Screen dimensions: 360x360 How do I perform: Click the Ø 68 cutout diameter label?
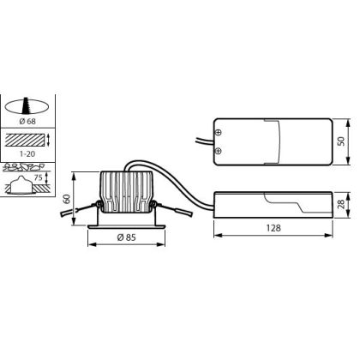tap(27, 122)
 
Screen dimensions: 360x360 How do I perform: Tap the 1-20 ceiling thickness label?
tap(27, 154)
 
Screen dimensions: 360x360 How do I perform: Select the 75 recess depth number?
tap(39, 177)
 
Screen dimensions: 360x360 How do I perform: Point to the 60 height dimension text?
tap(67, 199)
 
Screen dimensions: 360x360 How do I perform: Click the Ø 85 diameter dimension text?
tap(127, 237)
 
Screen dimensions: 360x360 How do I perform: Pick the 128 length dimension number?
tap(273, 228)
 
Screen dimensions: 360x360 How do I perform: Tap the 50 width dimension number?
tap(341, 141)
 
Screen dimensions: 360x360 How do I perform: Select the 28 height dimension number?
tap(341, 204)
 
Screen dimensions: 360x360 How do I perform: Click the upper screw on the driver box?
tap(218, 132)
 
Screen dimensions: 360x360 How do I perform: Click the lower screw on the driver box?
tap(218, 151)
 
